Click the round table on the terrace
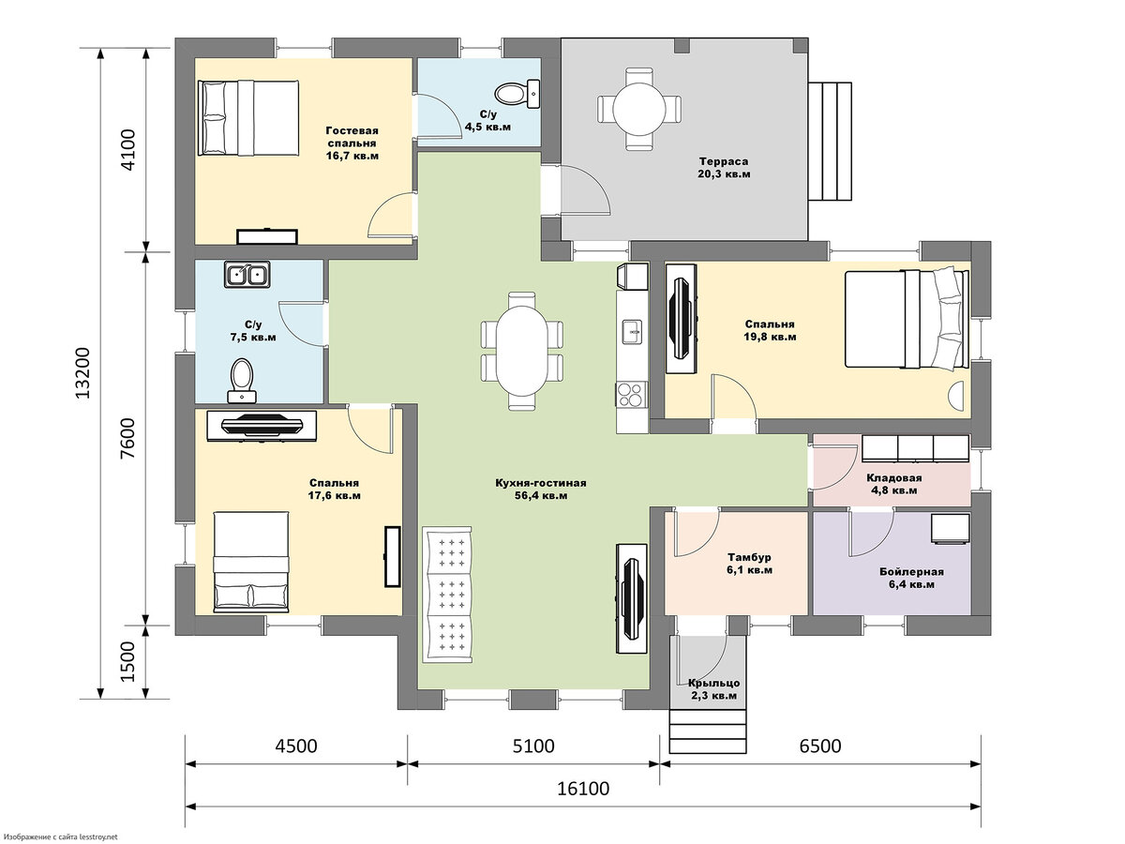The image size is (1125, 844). [x=639, y=109]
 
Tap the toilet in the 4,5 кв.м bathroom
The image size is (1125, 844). [x=517, y=94]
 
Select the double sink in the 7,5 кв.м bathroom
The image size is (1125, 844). [x=247, y=274]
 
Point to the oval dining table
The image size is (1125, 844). [x=522, y=351]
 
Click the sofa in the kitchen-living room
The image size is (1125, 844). [x=447, y=595]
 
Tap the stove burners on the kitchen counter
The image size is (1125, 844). [x=632, y=394]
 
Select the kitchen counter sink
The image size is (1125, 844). [x=632, y=332]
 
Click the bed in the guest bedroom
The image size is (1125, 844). [x=248, y=117]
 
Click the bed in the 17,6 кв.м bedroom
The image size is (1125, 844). [x=250, y=562]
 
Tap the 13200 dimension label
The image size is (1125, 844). [x=82, y=373]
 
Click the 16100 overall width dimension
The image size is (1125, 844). [x=583, y=788]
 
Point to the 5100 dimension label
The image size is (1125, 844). [x=533, y=746]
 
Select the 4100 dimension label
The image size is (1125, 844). [x=127, y=150]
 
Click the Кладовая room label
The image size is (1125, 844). [x=894, y=477]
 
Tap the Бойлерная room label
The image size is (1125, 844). [x=912, y=571]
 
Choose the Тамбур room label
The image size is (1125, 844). [x=749, y=557]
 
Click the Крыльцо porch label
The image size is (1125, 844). [x=714, y=683]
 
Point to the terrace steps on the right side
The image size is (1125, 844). [x=831, y=141]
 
